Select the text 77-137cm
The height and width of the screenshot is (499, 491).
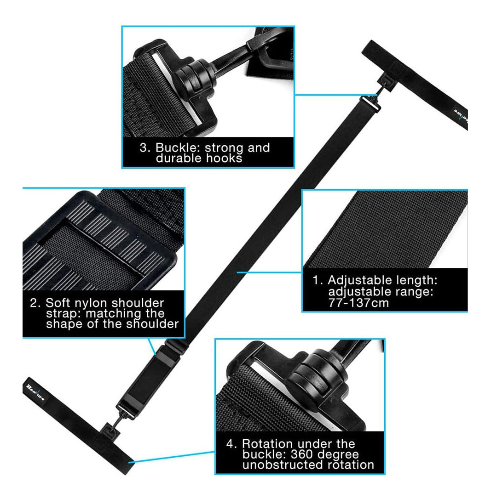pyautogui.click(x=358, y=303)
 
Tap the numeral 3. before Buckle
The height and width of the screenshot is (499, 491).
pyautogui.click(x=144, y=147)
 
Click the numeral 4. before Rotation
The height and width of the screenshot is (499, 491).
pyautogui.click(x=231, y=443)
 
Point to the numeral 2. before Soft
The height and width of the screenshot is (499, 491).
pyautogui.click(x=35, y=303)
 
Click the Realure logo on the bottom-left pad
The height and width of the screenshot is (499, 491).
pyautogui.click(x=35, y=392)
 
